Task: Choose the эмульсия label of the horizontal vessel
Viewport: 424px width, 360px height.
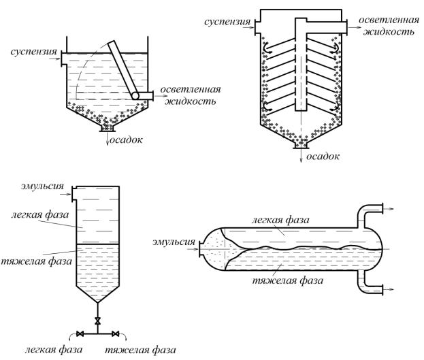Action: [174, 240]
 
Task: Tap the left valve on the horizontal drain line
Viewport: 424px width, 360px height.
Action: [80, 333]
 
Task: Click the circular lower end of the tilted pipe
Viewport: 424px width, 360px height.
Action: [135, 97]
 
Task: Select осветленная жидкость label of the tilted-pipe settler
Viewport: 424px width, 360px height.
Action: [189, 96]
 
